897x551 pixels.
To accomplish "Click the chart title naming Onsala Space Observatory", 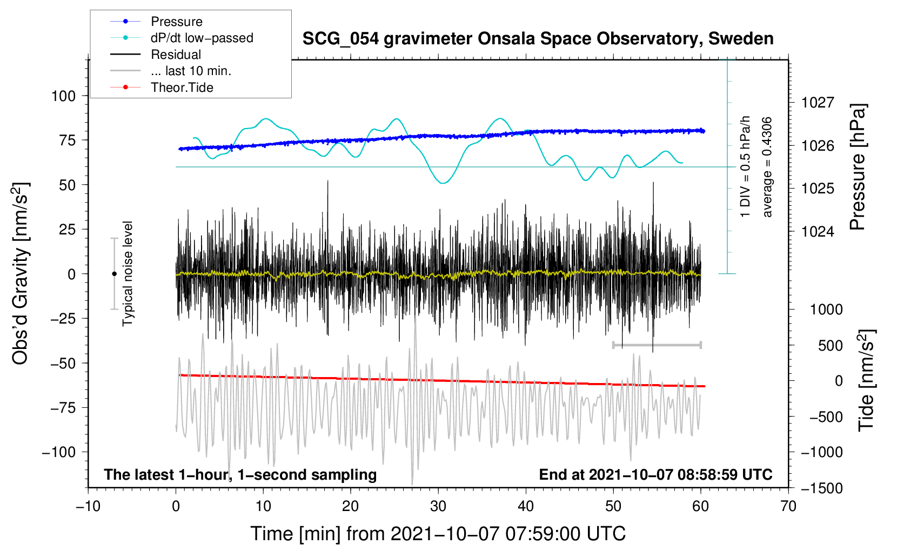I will coord(538,39).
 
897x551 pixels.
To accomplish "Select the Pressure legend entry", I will coord(176,22).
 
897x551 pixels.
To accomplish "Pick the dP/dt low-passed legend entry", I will coord(202,38).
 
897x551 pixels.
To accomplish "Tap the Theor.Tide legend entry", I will coord(182,88).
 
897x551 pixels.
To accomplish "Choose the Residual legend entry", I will coord(176,55).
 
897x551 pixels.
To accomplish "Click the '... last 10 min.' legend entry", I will coord(191,71).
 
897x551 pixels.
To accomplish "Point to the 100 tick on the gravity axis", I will coord(63,96).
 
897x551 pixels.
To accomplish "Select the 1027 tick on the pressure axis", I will coord(818,103).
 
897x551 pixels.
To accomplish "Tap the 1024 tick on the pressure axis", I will coord(818,232).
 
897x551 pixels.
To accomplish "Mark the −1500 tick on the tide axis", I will coord(821,488).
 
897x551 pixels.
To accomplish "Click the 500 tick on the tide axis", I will coord(830,346).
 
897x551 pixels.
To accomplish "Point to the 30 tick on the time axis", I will coord(438,507).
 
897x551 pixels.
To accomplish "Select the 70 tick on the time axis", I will coord(788,507).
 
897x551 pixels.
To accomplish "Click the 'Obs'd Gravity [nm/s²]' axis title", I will coord(21,273).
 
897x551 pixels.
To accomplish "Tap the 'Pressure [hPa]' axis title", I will coord(858,167).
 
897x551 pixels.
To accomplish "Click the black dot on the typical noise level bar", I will coord(114,274).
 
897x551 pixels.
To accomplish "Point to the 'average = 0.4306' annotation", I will coord(767,167).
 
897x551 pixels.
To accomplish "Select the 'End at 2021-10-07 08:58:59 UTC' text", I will coord(655,475).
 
